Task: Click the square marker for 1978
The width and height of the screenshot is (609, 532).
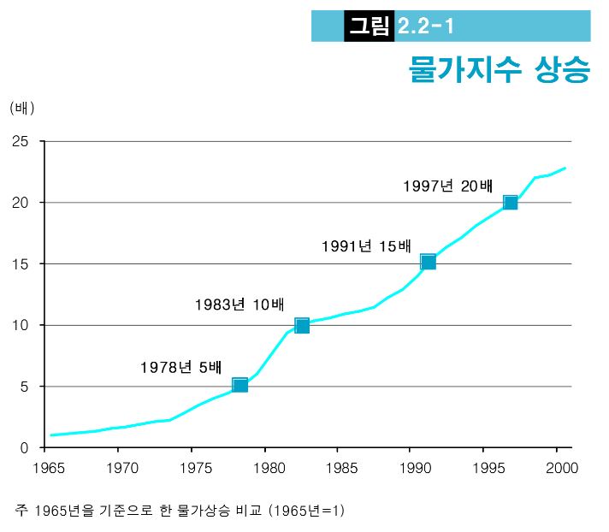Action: (240, 385)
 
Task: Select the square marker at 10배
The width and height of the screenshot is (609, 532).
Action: (301, 325)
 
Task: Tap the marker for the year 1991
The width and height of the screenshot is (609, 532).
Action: (428, 261)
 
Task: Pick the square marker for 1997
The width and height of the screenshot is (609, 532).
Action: (511, 203)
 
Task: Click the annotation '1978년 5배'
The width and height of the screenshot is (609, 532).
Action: (180, 368)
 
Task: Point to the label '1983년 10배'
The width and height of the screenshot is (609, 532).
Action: (239, 304)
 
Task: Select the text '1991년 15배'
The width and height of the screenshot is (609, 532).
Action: (366, 246)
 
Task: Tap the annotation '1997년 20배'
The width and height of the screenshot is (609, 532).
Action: (449, 186)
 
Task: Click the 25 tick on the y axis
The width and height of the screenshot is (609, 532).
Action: (21, 141)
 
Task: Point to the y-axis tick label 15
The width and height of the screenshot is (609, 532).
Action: (21, 263)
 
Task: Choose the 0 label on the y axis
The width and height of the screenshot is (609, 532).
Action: (25, 447)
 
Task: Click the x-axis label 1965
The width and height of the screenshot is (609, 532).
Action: (45, 468)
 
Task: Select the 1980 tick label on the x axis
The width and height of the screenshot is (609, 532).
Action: (264, 468)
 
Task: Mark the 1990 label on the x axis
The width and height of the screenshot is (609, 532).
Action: (411, 468)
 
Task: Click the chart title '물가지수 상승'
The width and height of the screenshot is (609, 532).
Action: (500, 69)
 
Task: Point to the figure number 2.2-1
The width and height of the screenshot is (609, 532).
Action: (425, 27)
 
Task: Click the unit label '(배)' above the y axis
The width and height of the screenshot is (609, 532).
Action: (22, 108)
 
